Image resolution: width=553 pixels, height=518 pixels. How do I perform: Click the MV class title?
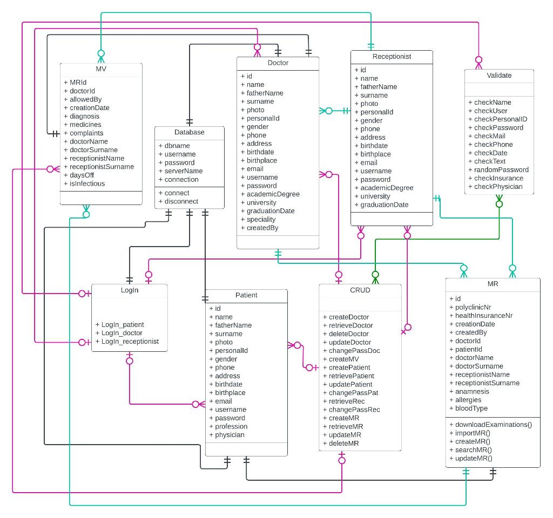point(101,69)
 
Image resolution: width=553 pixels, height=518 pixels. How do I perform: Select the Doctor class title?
point(278,63)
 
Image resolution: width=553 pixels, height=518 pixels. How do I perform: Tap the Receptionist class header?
point(392,56)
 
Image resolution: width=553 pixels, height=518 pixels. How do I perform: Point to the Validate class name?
point(499,76)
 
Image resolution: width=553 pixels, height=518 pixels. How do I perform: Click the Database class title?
point(189,132)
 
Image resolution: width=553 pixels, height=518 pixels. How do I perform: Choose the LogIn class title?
point(129,290)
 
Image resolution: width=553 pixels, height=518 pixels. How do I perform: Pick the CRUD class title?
point(360,290)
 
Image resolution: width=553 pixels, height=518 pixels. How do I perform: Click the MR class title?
point(493,284)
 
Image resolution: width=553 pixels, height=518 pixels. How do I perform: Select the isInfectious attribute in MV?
point(87,183)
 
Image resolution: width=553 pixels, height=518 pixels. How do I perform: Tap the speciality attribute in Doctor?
point(261,219)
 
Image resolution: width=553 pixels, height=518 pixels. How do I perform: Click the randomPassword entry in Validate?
point(501,169)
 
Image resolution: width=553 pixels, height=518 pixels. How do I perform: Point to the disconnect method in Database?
point(181,201)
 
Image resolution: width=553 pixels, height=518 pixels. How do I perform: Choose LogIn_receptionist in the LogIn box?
point(130,341)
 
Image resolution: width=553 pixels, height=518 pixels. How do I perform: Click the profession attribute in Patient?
point(231,426)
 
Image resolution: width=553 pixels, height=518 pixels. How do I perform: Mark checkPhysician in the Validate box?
point(498,187)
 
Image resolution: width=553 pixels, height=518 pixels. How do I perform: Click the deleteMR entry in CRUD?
point(344,443)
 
